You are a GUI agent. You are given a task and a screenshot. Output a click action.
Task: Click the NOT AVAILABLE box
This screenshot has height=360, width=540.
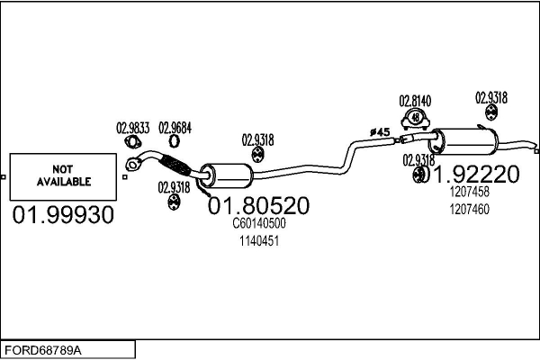62,175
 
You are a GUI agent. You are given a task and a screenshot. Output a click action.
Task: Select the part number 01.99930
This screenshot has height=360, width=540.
63,215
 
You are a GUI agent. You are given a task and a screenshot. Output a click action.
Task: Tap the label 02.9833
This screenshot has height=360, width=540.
133,127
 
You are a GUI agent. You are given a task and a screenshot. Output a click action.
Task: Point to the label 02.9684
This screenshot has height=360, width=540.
175,127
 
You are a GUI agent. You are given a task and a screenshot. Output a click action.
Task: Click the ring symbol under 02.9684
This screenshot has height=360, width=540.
175,140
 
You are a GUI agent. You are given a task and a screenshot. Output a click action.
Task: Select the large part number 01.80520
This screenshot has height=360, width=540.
258,206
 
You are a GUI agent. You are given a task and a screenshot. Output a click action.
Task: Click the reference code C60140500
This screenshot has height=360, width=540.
259,223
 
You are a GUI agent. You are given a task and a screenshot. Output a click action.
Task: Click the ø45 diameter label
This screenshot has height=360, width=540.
379,132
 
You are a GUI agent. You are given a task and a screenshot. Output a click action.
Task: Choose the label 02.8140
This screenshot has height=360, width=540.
415,101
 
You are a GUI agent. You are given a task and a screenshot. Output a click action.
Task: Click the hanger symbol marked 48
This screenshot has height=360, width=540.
415,116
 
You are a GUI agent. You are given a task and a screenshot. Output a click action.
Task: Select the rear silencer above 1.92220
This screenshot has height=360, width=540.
467,142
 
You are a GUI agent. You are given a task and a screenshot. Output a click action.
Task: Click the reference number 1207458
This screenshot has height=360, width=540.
469,192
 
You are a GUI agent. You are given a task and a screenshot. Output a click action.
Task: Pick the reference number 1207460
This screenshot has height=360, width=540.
469,209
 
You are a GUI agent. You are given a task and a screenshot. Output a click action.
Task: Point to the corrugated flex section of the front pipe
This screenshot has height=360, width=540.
178,165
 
